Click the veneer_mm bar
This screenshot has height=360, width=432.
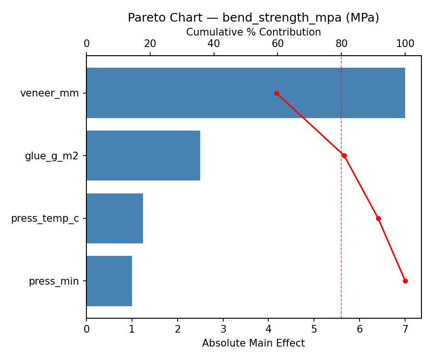tap(245, 93)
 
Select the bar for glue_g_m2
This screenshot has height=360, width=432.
tap(143, 156)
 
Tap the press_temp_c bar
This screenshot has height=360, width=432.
tap(115, 218)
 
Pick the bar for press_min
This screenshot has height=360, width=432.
tap(109, 281)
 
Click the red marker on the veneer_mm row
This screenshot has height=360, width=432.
tap(276, 93)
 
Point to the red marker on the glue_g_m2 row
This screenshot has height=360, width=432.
tap(344, 156)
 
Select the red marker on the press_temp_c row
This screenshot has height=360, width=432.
tap(378, 218)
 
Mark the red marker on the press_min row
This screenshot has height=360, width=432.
tap(405, 281)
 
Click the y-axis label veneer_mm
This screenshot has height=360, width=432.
tap(49, 93)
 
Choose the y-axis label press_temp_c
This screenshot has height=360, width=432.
tap(45, 218)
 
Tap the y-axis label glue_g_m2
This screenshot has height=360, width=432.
tap(52, 156)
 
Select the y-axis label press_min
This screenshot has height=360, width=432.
tap(54, 281)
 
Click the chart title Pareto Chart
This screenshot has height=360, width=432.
tap(253, 18)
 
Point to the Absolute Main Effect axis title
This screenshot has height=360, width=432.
tap(253, 343)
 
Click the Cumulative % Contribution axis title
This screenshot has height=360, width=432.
tap(253, 32)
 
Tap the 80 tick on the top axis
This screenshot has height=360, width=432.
tap(341, 44)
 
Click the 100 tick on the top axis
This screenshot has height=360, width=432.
tap(405, 44)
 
